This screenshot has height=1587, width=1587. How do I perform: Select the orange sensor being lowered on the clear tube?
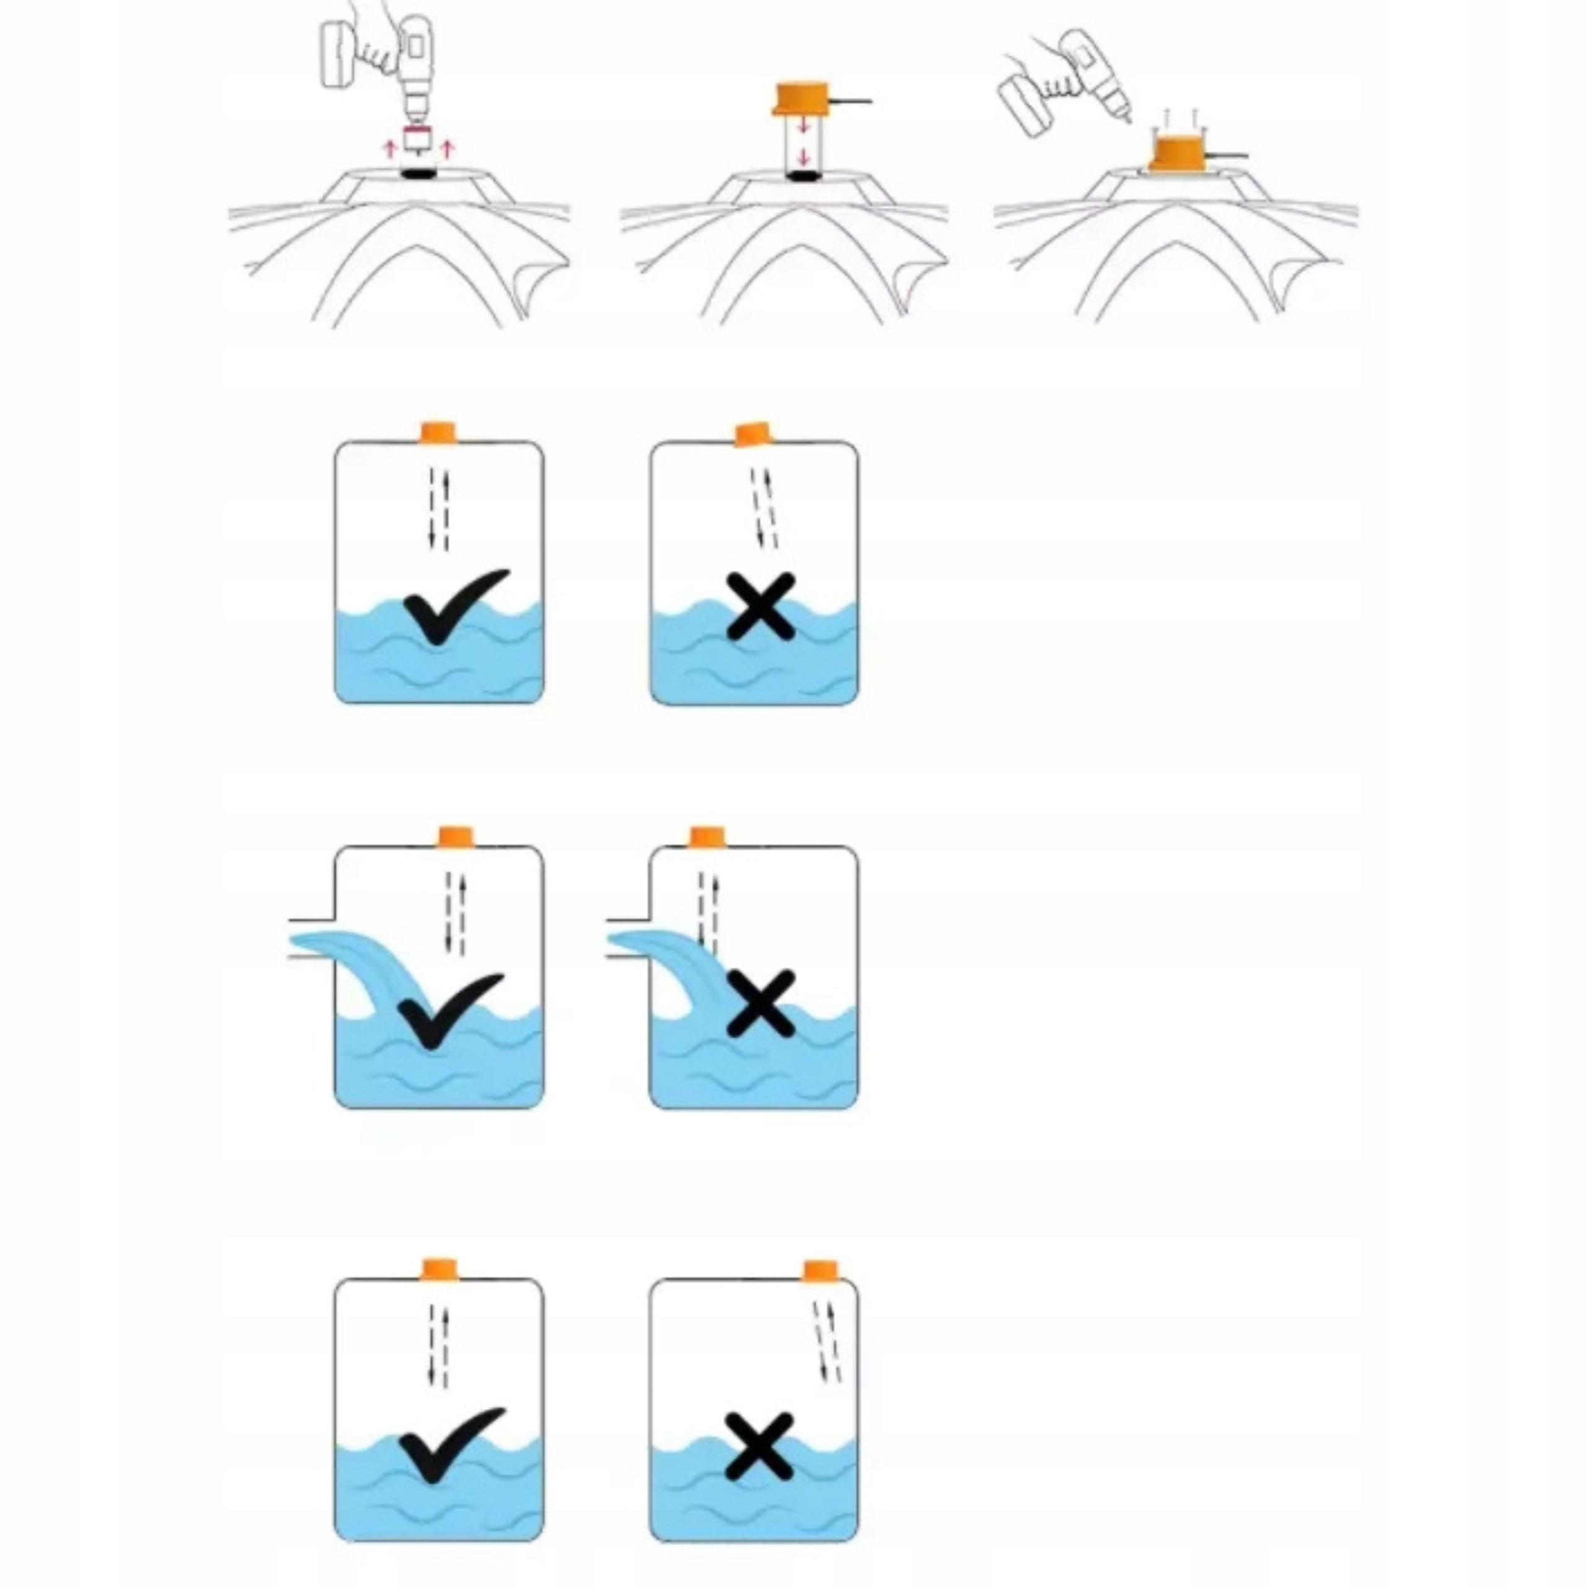[802, 99]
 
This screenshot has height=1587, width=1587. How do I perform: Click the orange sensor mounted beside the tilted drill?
[1178, 154]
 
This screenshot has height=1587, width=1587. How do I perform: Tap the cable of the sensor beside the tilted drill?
[1227, 155]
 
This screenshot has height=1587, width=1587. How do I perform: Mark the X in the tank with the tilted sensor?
[761, 607]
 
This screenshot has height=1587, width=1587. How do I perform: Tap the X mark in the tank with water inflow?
[761, 1004]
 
